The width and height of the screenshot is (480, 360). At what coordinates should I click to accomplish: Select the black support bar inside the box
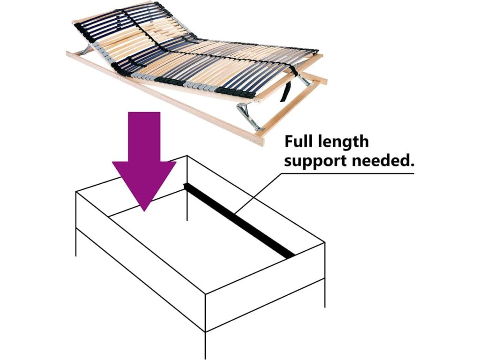(x=239, y=220)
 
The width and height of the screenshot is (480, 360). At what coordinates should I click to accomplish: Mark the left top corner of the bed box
(x=76, y=192)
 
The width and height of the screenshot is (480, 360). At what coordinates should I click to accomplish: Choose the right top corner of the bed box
(x=324, y=242)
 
